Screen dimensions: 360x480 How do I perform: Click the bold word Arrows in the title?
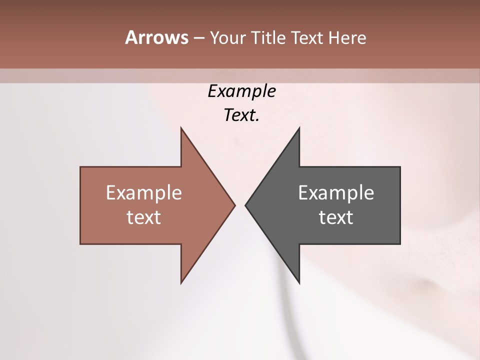tap(156, 37)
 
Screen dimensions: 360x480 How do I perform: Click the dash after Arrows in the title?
tap(198, 38)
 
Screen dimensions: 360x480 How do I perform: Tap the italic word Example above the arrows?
tap(241, 91)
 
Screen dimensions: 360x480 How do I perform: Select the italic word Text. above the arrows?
tap(241, 115)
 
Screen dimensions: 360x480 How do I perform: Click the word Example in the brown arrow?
tap(144, 192)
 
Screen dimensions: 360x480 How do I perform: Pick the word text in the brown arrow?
tap(144, 217)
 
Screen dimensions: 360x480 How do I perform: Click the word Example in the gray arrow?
tap(336, 192)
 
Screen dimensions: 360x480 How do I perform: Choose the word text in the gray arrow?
tap(336, 217)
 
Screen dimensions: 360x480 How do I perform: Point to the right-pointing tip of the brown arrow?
tap(234, 205)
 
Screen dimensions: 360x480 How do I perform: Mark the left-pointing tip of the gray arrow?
tap(245, 205)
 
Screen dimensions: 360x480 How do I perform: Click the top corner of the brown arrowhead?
tap(181, 128)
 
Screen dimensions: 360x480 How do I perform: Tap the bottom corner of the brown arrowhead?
tap(181, 283)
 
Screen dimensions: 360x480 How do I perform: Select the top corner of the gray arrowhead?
tap(299, 128)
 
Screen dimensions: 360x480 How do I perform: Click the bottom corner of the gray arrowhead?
tap(299, 283)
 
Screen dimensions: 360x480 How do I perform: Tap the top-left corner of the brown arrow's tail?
tap(80, 167)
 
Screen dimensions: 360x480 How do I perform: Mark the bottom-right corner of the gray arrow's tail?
tap(400, 244)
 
